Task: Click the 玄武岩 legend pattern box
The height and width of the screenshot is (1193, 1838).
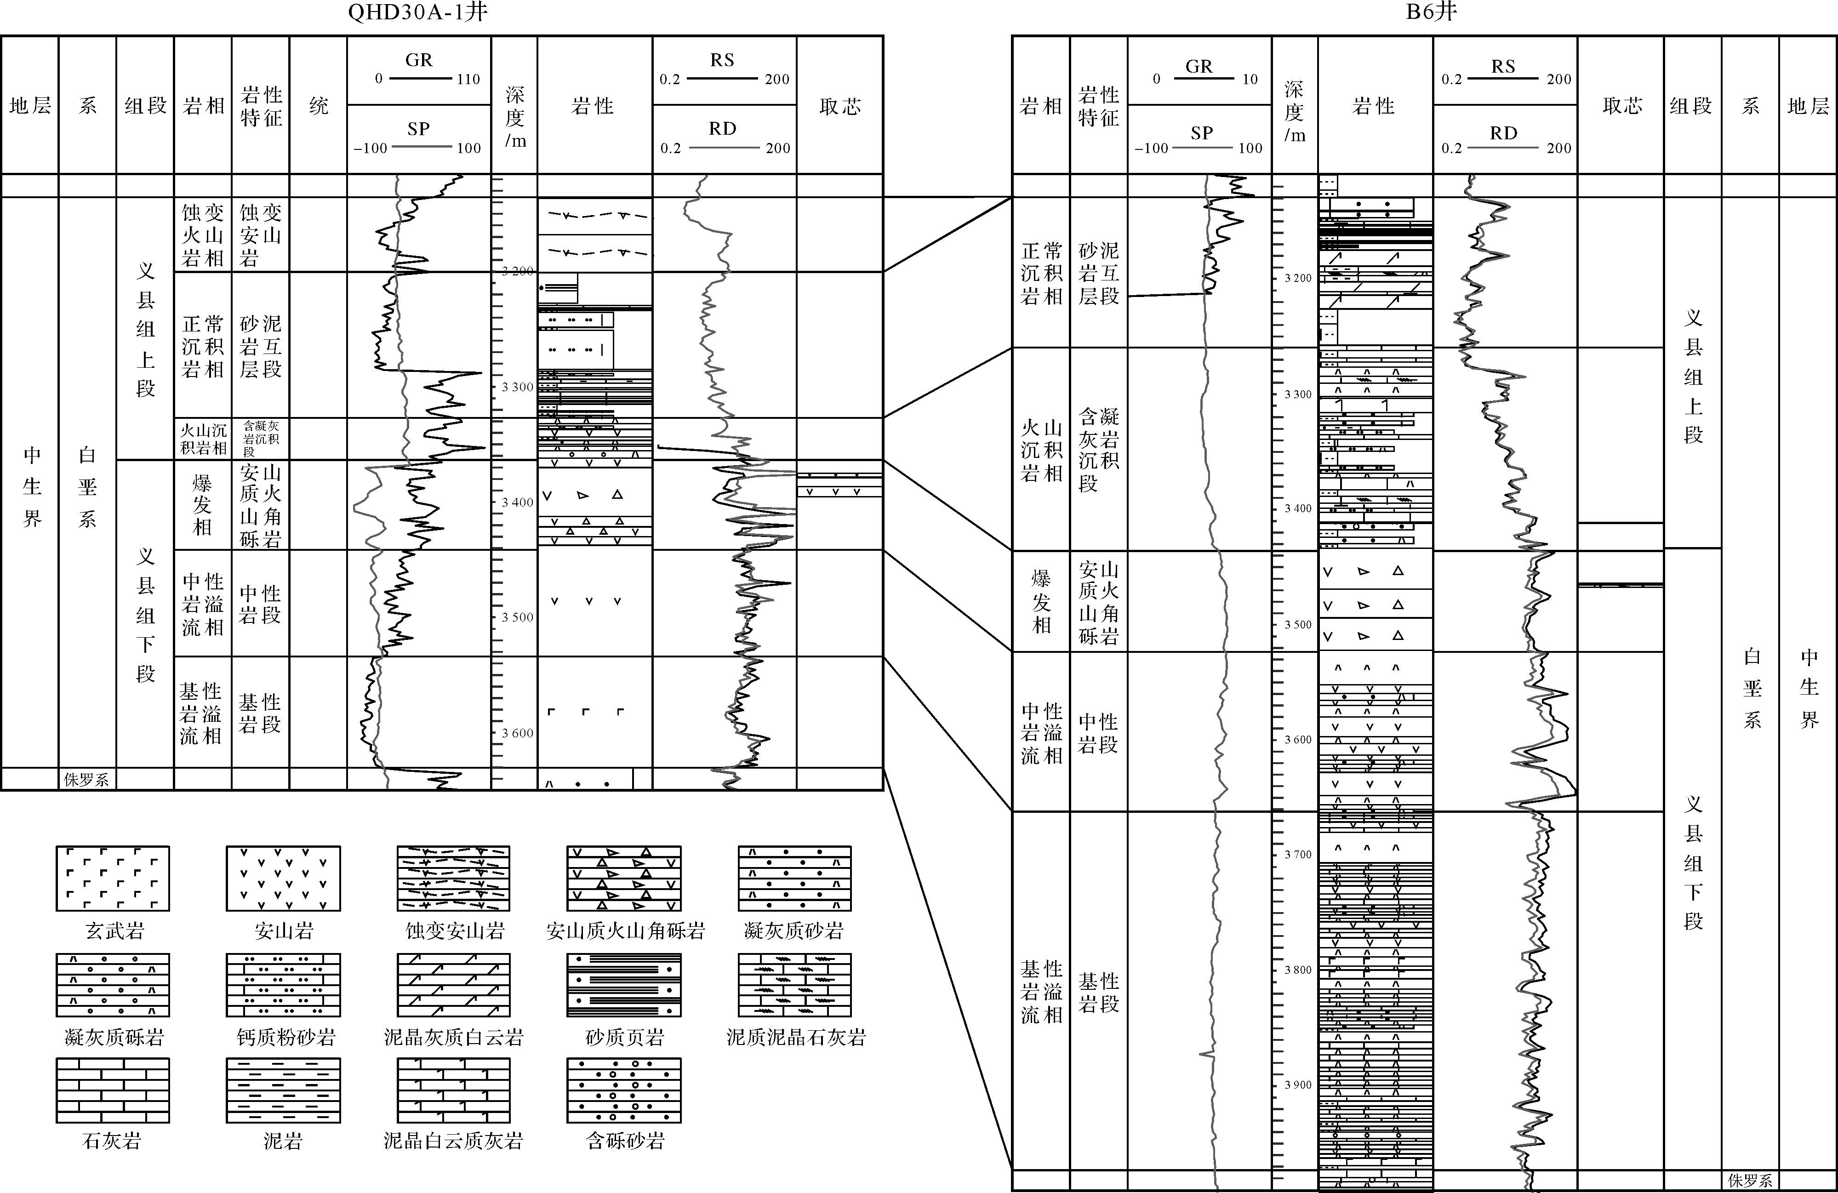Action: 113,879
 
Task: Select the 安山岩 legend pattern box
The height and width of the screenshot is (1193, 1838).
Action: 283,879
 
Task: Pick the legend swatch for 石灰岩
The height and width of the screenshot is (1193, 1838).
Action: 113,1090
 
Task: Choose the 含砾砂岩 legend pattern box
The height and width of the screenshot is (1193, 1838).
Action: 624,1090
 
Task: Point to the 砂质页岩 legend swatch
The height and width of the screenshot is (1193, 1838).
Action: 624,985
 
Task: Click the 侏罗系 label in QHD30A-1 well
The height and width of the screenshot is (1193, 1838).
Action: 86,780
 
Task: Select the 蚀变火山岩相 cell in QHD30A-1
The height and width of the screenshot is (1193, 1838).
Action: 202,235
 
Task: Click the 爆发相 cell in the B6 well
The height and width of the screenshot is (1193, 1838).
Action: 1041,601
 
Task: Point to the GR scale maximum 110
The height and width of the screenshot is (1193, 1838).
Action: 468,79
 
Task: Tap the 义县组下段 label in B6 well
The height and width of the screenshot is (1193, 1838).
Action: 1693,862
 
